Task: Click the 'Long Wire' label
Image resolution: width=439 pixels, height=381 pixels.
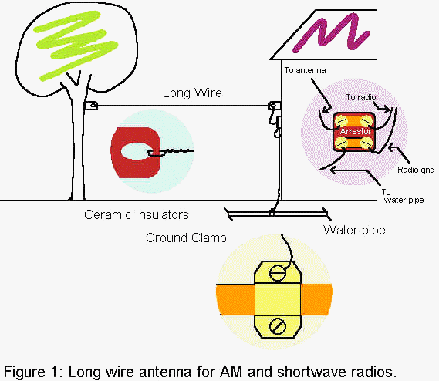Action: tap(192, 93)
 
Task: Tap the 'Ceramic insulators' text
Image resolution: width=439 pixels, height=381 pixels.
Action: tap(137, 214)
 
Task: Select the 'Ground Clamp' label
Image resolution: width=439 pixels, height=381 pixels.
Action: tap(186, 238)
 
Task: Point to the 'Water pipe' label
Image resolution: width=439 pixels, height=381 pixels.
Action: tap(354, 231)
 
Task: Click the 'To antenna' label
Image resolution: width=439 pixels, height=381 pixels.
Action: tap(305, 70)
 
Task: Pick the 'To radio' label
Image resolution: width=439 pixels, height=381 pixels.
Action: tap(361, 97)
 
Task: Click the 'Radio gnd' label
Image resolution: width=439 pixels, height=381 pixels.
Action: tap(416, 170)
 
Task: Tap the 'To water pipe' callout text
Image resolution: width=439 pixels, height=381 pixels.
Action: tap(403, 196)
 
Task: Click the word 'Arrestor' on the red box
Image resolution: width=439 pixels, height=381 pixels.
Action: tap(356, 131)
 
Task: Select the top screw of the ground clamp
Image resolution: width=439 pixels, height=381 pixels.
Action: tap(278, 273)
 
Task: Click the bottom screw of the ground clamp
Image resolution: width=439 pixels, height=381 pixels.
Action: tap(278, 326)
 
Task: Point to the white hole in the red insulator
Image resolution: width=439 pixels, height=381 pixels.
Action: tap(135, 151)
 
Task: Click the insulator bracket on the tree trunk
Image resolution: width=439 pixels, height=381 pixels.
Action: tap(91, 106)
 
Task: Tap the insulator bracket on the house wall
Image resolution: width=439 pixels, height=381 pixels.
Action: tap(275, 106)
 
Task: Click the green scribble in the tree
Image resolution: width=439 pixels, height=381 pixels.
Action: tap(76, 45)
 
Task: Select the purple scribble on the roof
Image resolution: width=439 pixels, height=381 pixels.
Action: tap(330, 32)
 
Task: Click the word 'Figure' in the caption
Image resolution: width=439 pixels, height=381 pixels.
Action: tap(25, 373)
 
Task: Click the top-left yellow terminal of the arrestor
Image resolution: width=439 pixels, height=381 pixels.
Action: tap(341, 122)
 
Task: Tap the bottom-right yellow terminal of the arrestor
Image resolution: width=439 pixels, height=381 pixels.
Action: tap(367, 143)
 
